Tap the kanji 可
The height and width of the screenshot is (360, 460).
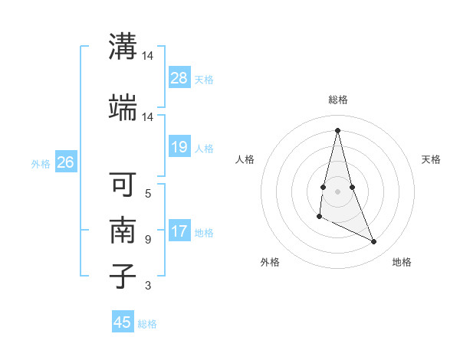[123, 185]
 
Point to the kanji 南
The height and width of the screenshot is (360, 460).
[123, 231]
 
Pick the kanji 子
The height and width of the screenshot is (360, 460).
[123, 276]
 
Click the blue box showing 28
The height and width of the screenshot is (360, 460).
[179, 78]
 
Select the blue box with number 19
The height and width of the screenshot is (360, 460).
[179, 147]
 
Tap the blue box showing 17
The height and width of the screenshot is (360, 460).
[179, 231]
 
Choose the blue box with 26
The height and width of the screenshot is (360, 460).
[65, 162]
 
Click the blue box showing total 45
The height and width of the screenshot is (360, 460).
[123, 322]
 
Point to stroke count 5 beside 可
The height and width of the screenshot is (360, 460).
[148, 193]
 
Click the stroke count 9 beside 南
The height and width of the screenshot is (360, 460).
[148, 240]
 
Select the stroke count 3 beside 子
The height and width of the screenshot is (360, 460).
[148, 286]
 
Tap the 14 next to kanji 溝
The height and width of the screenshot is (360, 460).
[148, 56]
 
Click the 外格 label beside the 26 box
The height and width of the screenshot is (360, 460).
[41, 163]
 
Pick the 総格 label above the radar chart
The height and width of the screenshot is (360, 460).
[338, 100]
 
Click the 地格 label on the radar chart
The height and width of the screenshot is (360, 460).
[402, 262]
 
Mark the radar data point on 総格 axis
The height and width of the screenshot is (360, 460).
[337, 129]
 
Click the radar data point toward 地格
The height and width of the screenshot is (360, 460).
[374, 242]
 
